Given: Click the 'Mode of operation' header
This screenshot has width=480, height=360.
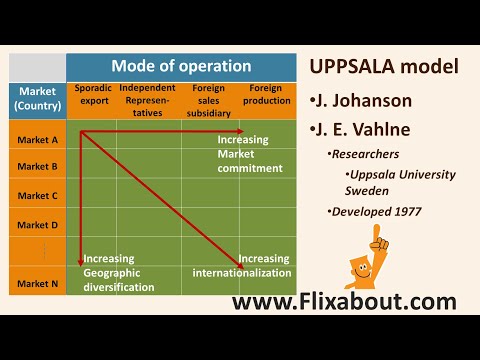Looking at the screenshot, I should pyautogui.click(x=181, y=67).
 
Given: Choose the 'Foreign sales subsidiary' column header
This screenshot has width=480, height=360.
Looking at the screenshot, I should pyautogui.click(x=208, y=100).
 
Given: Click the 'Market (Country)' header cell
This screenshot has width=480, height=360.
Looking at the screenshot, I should pyautogui.click(x=37, y=97).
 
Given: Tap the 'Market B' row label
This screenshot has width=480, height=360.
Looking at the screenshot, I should pyautogui.click(x=37, y=166).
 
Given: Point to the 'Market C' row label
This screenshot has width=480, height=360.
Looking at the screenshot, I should pyautogui.click(x=37, y=195).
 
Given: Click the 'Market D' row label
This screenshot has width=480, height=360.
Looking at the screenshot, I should pyautogui.click(x=37, y=225).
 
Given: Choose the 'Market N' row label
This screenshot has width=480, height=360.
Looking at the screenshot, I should pyautogui.click(x=37, y=283).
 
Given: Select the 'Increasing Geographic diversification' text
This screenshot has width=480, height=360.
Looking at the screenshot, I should pyautogui.click(x=118, y=272).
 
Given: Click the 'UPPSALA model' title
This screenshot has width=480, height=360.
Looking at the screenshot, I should pyautogui.click(x=384, y=68).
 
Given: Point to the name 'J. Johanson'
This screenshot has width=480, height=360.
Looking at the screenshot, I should pyautogui.click(x=369, y=100).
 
